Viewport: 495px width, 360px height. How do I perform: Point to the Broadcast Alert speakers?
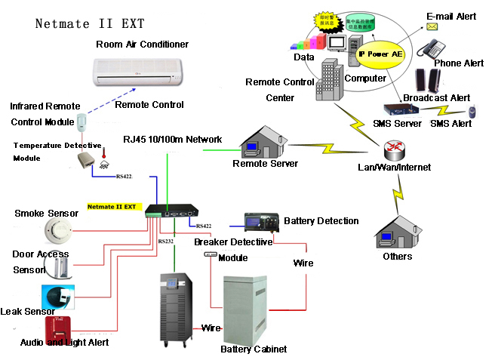click(430, 81)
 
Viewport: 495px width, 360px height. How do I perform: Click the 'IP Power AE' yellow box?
click(380, 54)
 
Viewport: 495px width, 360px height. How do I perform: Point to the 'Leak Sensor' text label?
click(28, 311)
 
